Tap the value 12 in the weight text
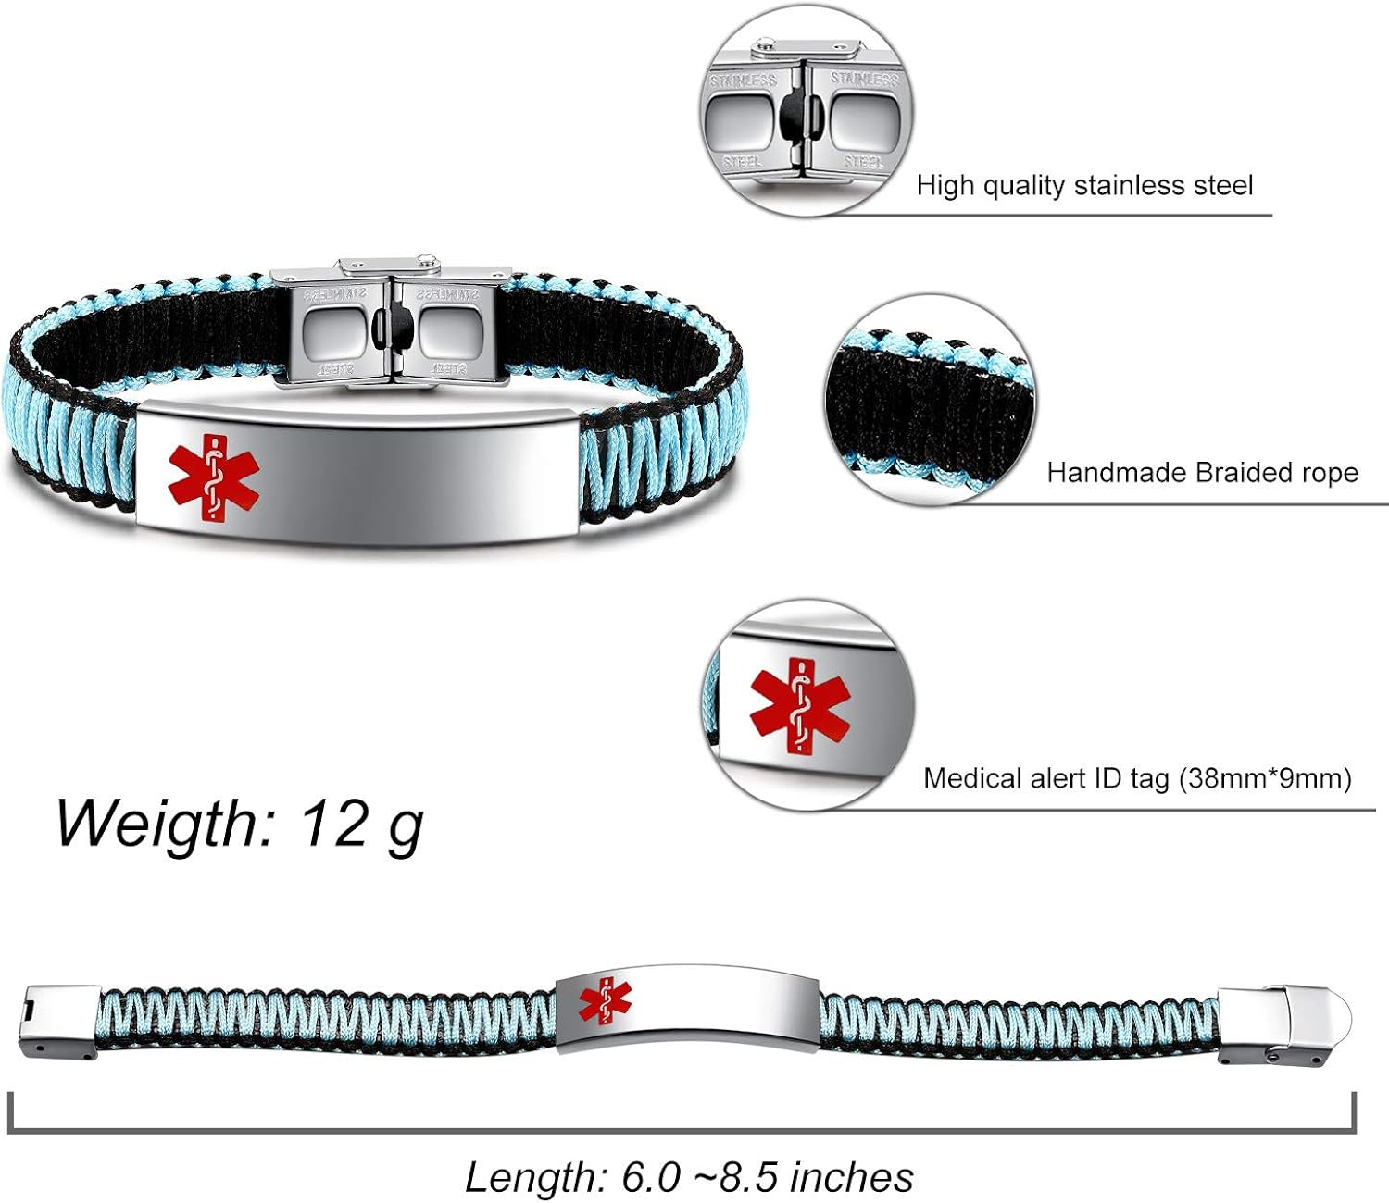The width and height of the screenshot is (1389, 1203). [334, 822]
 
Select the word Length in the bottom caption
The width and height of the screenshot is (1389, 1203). [535, 1177]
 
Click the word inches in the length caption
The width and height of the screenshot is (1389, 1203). [855, 1177]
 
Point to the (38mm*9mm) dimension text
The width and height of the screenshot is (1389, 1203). [1265, 778]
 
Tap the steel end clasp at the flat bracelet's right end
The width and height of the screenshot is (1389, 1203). [1283, 1023]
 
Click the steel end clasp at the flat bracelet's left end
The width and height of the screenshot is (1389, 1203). [61, 1022]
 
